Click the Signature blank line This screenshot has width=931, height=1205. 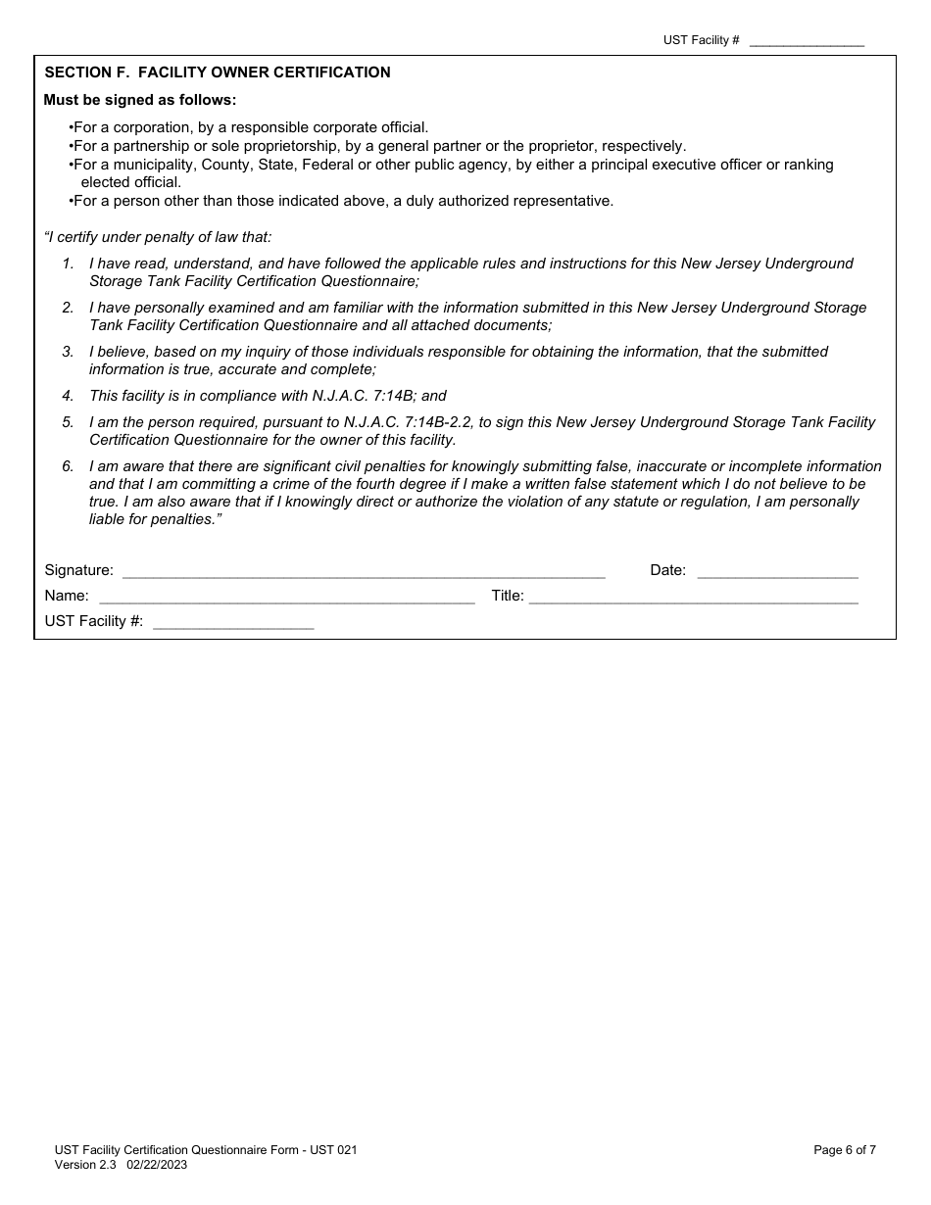tap(364, 571)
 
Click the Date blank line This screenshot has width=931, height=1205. tap(777, 571)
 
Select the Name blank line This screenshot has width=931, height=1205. tap(287, 597)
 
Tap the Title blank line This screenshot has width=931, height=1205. tap(693, 597)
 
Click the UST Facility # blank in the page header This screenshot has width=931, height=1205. tap(807, 41)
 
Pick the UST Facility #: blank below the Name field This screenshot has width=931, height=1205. tap(233, 622)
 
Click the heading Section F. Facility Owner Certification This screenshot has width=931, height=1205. tap(218, 72)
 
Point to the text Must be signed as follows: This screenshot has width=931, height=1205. tap(140, 100)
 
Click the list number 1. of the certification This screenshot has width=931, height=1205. tap(68, 264)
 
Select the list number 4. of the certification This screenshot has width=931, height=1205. tap(68, 396)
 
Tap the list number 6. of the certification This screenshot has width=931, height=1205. tap(68, 466)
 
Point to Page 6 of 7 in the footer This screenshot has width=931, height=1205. tap(845, 1150)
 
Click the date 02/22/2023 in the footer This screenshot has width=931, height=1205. tap(157, 1165)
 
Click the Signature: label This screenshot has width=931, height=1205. tap(78, 570)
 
